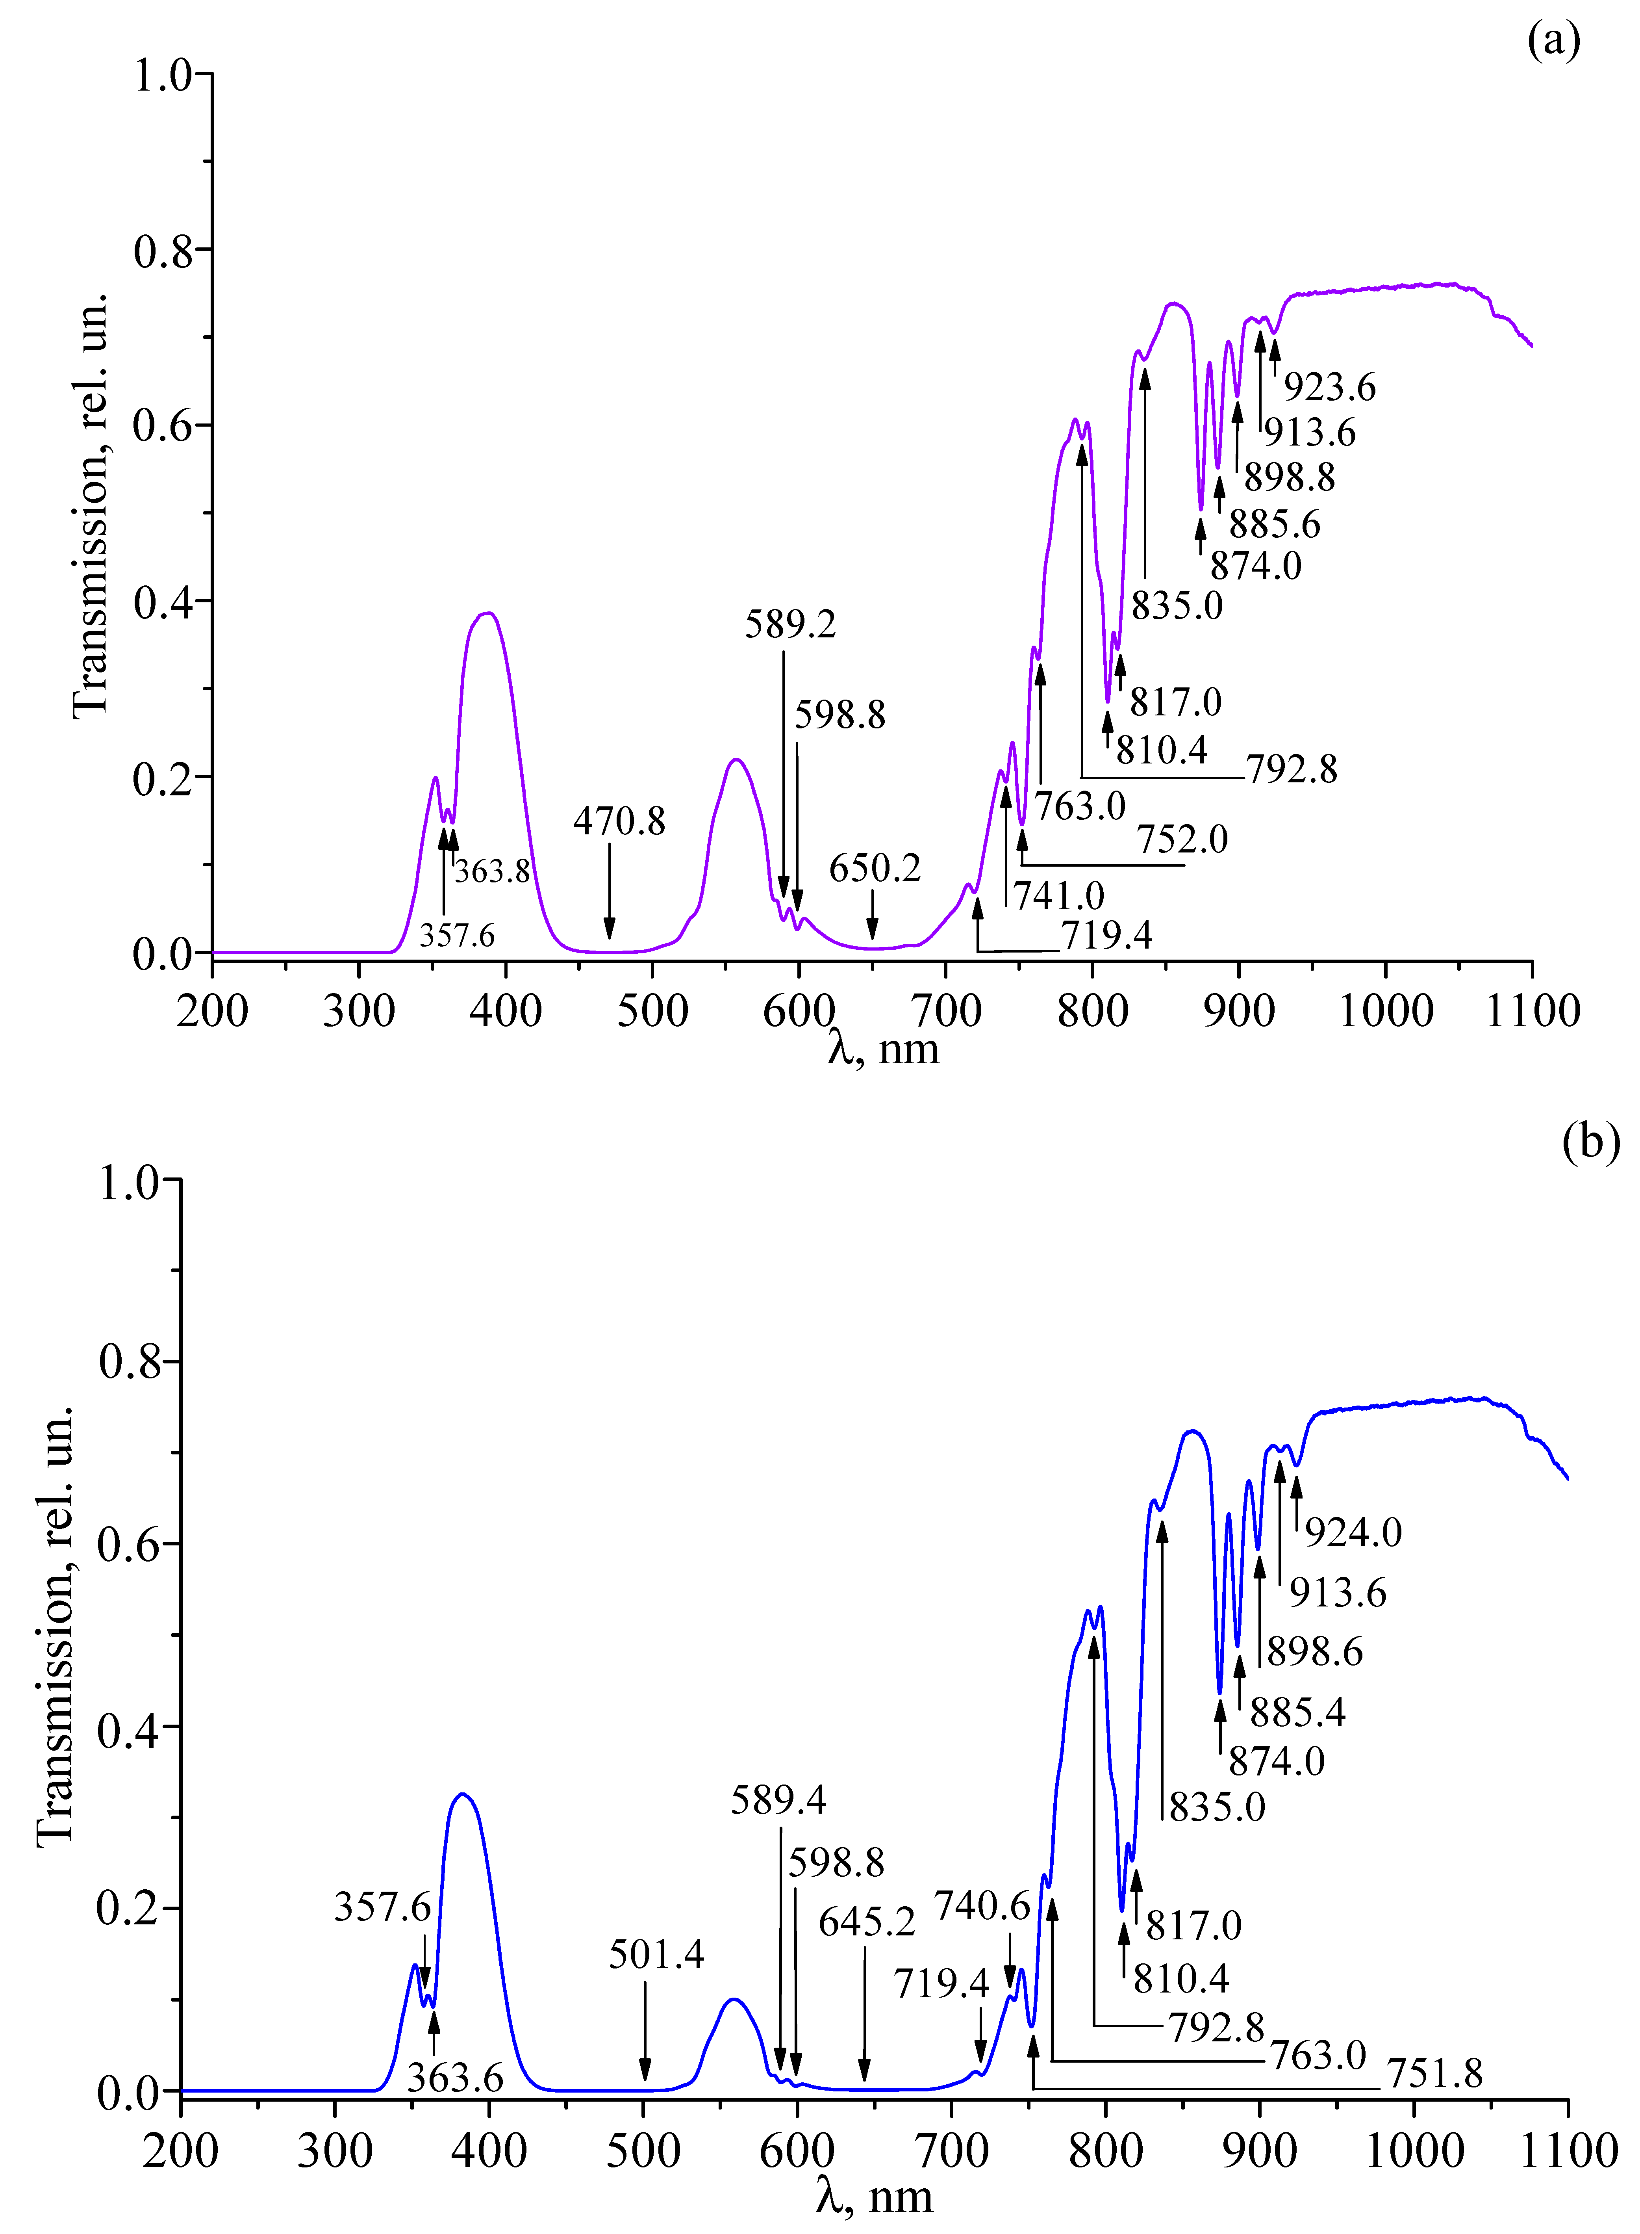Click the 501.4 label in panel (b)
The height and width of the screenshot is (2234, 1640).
[656, 1954]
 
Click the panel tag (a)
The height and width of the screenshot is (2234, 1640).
[1554, 42]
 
